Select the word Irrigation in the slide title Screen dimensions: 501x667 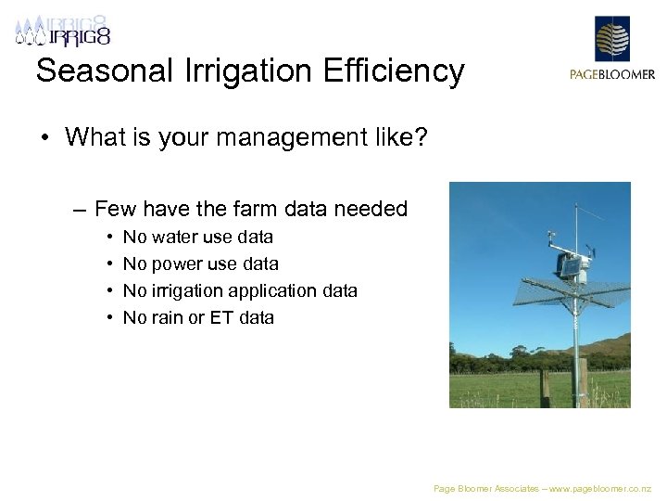point(256,71)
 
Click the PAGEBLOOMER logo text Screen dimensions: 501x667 point(611,75)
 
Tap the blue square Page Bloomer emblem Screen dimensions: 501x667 point(611,39)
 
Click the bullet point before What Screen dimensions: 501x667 point(44,138)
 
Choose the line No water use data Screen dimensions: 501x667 point(197,238)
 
